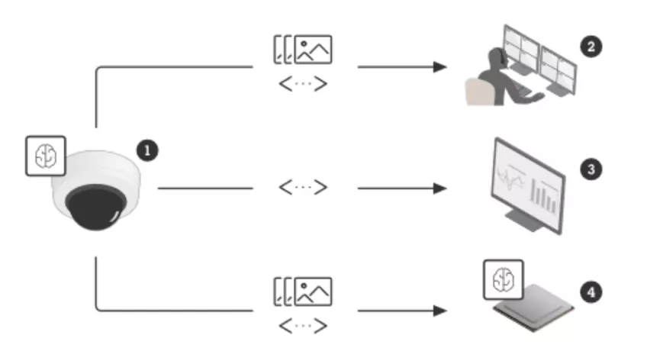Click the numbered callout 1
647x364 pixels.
(146, 150)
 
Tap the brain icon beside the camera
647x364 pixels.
(46, 156)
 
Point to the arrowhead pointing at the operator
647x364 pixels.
(439, 67)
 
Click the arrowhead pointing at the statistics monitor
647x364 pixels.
(439, 188)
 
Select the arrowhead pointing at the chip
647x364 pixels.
(439, 311)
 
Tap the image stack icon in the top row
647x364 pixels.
(303, 50)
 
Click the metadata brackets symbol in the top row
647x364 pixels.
(303, 83)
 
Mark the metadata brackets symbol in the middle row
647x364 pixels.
(303, 188)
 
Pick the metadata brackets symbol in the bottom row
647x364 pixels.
(303, 327)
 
